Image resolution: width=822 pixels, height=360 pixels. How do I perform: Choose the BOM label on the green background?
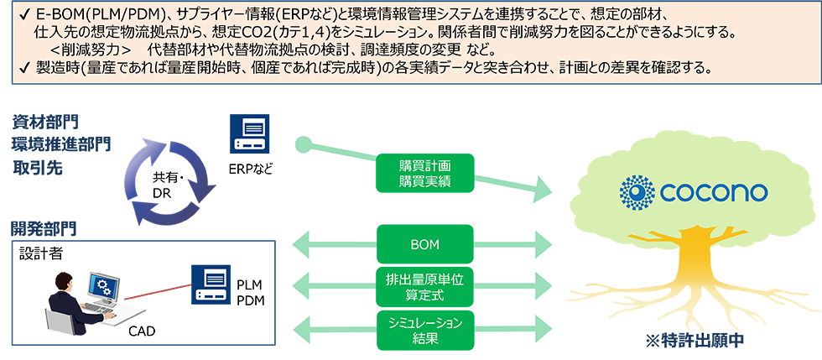coord(426,245)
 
